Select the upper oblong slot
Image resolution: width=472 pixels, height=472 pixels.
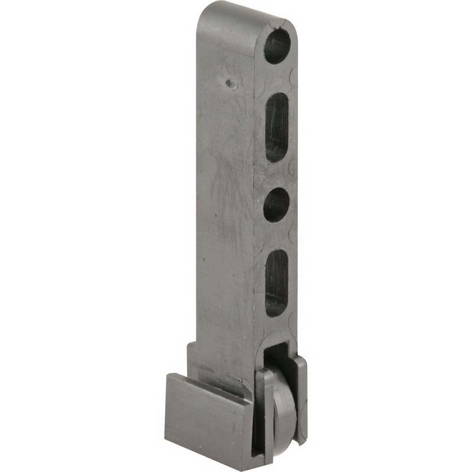click(x=276, y=127)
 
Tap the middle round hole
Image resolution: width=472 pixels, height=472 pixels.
click(x=276, y=205)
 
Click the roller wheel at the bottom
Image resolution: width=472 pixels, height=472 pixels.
click(x=284, y=407)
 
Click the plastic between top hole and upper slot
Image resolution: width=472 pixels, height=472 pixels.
click(x=276, y=78)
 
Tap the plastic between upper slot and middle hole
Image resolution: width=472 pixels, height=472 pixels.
click(x=276, y=175)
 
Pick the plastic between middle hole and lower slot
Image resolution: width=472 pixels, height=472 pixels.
click(x=276, y=236)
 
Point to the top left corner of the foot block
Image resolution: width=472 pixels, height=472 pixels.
click(x=166, y=375)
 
